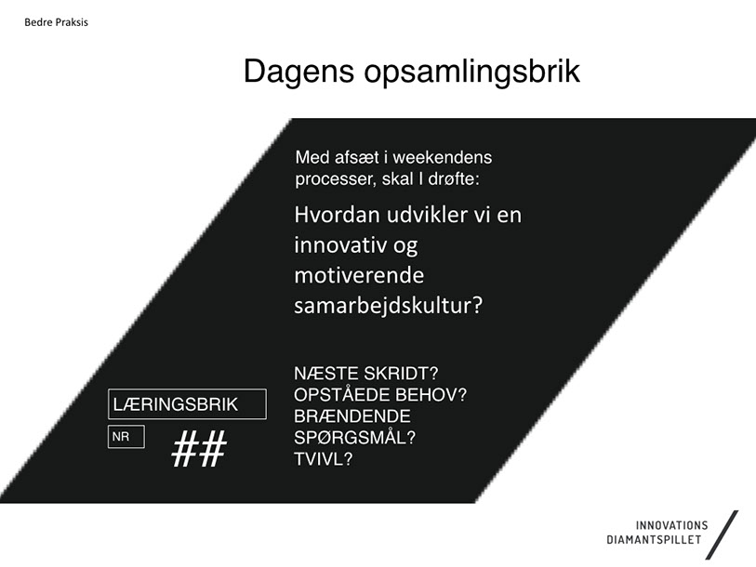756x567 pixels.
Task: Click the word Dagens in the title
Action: [x=298, y=72]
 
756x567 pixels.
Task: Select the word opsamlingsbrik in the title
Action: [x=472, y=72]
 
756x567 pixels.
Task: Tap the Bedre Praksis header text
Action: [x=56, y=22]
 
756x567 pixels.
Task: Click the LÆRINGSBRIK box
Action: [x=187, y=404]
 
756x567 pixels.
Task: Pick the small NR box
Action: [x=126, y=437]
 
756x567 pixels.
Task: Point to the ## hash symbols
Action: [x=199, y=448]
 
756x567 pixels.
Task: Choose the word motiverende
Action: [x=359, y=275]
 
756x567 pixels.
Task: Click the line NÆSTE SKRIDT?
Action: [x=366, y=374]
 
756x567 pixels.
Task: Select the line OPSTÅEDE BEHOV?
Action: [x=380, y=395]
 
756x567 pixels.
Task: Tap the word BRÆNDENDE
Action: [x=352, y=416]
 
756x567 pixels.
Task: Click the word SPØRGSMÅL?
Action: [x=355, y=438]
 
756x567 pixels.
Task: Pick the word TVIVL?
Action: [x=324, y=459]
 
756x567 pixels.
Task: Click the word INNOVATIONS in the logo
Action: [x=671, y=525]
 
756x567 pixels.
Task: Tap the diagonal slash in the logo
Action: [x=722, y=535]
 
